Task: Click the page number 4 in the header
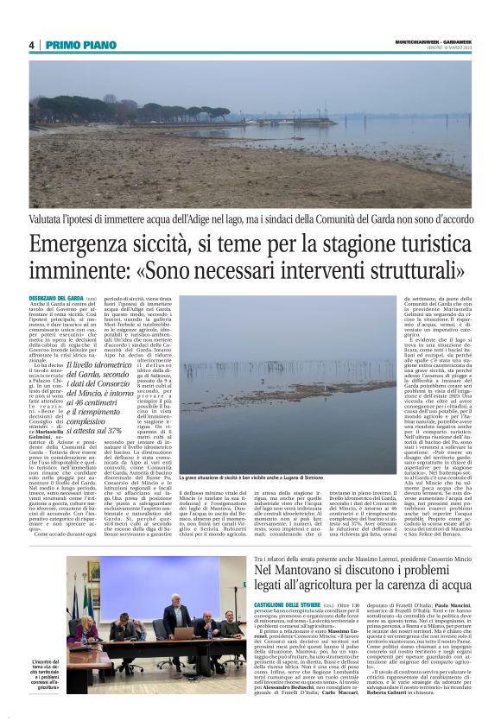pos(31,45)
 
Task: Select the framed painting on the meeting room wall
pos(94,571)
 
